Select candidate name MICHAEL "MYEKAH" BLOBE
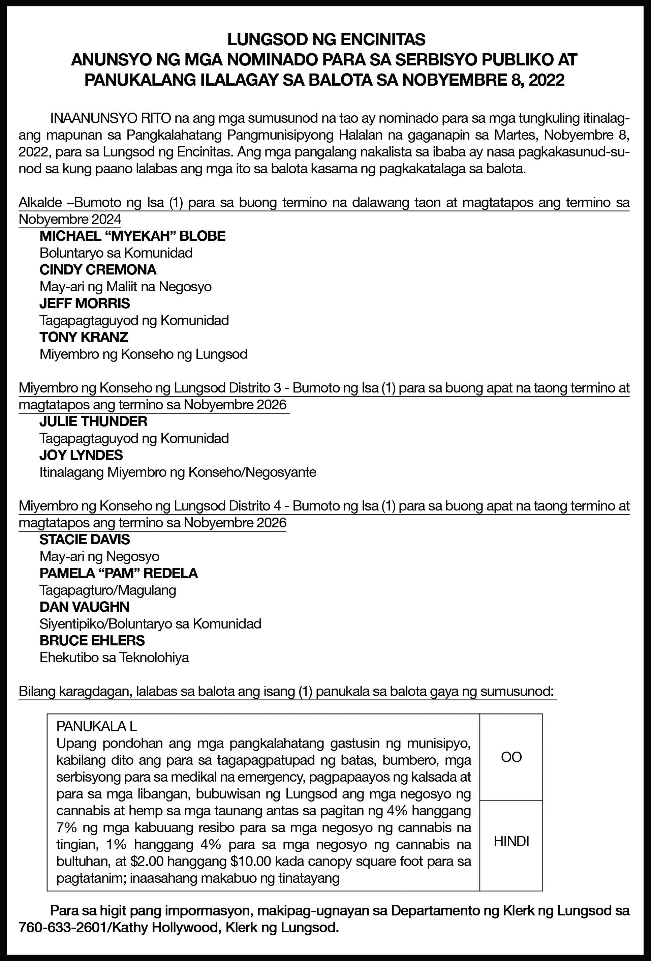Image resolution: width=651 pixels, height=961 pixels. tap(132, 236)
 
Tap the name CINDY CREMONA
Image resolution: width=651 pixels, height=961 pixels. tap(98, 270)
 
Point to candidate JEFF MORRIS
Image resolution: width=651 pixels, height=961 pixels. tap(85, 303)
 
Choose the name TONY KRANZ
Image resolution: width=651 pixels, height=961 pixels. tap(84, 337)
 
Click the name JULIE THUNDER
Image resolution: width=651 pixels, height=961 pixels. tap(93, 421)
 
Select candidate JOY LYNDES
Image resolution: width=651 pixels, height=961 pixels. tap(81, 455)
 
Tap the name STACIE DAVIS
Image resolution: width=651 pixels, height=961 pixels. tap(85, 539)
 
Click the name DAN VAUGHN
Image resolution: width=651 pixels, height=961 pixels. tap(84, 607)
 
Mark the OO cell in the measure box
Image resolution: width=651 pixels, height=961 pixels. tap(511, 757)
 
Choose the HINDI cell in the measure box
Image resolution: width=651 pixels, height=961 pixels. tap(511, 842)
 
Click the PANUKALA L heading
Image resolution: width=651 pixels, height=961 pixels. tap(96, 726)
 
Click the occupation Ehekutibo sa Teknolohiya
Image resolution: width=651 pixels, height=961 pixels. tap(114, 658)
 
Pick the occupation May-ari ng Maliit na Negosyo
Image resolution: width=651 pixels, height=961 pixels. tap(125, 287)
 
